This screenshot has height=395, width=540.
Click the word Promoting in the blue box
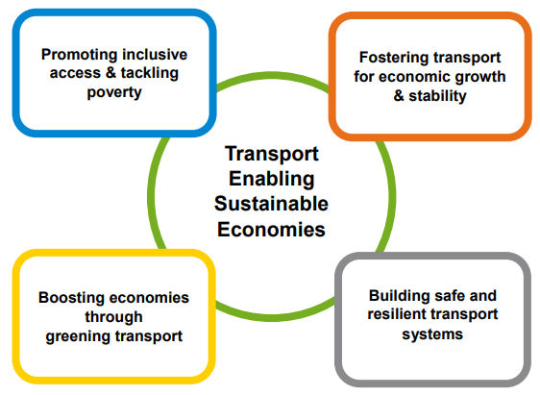pos(80,55)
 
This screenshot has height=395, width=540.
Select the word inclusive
pos(155,55)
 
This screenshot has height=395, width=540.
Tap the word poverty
pos(114,92)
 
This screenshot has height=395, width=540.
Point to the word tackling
pos(150,74)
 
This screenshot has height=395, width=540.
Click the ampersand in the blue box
pos(110,73)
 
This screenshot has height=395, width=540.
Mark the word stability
pos(437,96)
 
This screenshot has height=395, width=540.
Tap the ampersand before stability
pos(399,96)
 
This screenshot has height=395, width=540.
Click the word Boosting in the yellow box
pos(71,298)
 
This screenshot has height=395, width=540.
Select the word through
pos(114,317)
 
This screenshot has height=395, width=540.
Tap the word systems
pos(432,334)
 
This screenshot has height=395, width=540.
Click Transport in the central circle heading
pos(272,154)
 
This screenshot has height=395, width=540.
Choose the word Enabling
pos(272,180)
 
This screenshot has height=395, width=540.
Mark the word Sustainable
pos(271,204)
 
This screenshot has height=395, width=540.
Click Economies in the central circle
pos(271,230)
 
